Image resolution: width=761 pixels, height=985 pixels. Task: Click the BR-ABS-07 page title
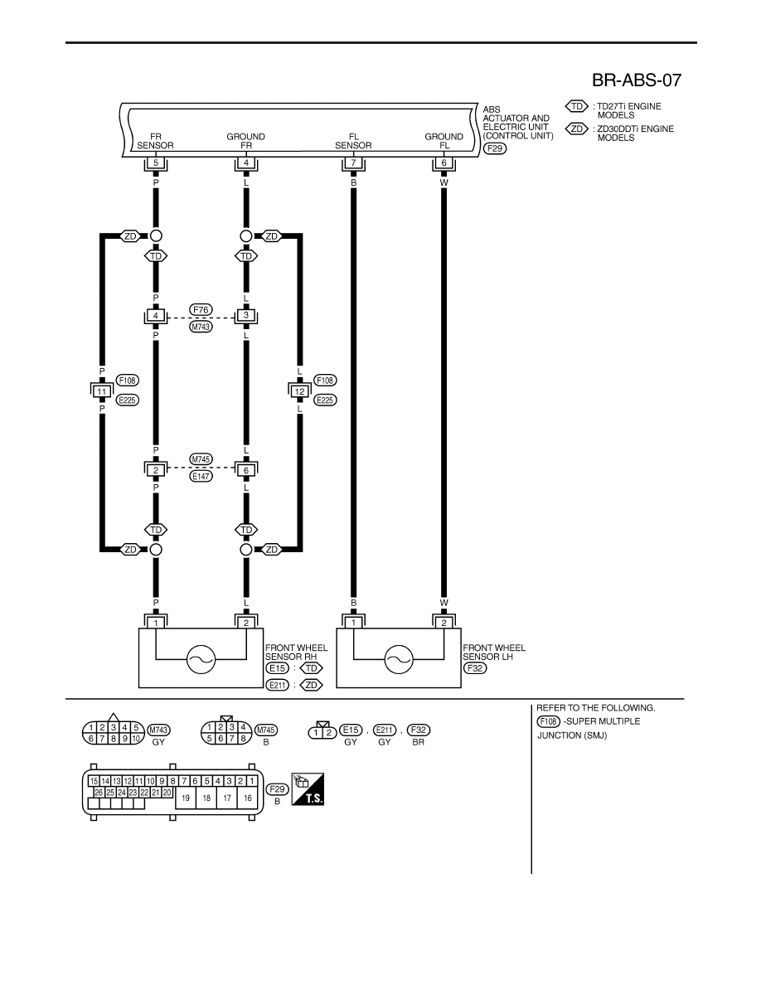(x=636, y=80)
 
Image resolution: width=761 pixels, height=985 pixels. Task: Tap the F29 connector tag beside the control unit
(x=495, y=149)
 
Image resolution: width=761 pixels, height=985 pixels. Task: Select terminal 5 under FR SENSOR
(x=156, y=163)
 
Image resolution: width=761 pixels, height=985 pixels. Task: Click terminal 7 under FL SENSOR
(x=353, y=163)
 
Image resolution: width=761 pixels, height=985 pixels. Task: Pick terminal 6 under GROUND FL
(x=444, y=163)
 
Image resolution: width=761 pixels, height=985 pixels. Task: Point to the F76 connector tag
(x=201, y=310)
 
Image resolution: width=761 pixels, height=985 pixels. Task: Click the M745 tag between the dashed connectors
(x=201, y=459)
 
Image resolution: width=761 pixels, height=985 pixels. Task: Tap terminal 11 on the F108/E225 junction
(x=102, y=391)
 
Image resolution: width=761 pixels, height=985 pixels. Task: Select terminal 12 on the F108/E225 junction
(x=299, y=391)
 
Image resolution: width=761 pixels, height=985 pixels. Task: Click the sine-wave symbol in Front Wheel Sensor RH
(x=201, y=659)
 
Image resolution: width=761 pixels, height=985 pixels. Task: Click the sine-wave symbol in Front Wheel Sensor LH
(x=399, y=659)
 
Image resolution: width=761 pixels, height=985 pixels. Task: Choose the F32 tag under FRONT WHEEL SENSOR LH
(x=475, y=667)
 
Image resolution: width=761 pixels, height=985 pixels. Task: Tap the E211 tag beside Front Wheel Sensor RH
(x=278, y=685)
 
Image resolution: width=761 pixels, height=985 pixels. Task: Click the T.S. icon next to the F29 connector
(x=308, y=789)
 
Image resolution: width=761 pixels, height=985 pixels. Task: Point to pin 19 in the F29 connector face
(x=186, y=798)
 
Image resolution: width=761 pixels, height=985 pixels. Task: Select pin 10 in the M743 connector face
(x=136, y=739)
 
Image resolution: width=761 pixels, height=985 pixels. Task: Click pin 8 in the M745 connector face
(x=243, y=739)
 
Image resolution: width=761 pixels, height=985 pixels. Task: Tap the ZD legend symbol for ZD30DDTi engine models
(x=576, y=129)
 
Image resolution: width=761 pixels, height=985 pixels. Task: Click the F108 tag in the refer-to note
(x=548, y=722)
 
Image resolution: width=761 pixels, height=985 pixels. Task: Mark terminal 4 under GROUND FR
(x=246, y=163)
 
